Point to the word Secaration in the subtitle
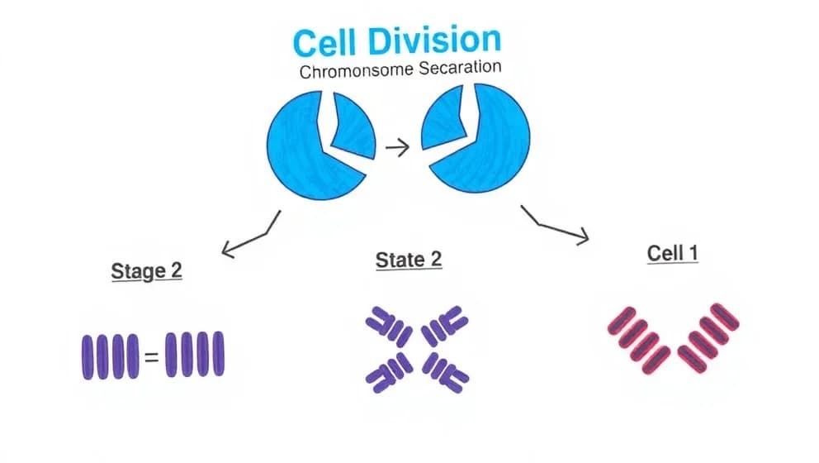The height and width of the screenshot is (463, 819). [x=460, y=68]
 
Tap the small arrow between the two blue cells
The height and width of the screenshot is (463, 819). [x=398, y=149]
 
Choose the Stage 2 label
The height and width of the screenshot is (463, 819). [x=146, y=270]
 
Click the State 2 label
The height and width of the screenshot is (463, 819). [x=409, y=260]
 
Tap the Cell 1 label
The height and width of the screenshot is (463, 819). [x=672, y=253]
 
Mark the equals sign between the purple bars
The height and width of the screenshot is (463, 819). [x=150, y=358]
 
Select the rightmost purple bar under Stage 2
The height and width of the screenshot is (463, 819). [x=219, y=354]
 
